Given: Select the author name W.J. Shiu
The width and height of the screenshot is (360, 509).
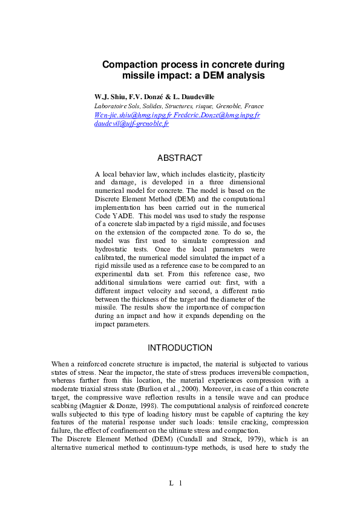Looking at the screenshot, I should tap(108, 97).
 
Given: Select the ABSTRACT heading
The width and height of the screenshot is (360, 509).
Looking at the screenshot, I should tap(180, 158).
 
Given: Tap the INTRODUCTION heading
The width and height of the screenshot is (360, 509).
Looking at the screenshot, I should tap(180, 348).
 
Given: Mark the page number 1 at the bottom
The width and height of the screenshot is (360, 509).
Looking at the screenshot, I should tap(180, 482).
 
